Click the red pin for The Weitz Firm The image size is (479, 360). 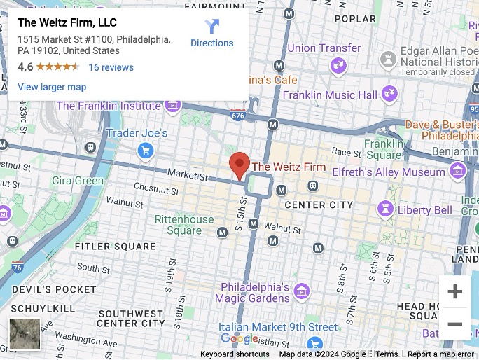(239, 165)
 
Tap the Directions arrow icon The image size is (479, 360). (212, 27)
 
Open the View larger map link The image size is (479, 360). (52, 87)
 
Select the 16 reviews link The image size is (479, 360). (111, 67)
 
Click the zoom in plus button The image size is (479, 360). (454, 291)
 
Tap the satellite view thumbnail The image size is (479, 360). (25, 334)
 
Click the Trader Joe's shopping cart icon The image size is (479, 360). (146, 150)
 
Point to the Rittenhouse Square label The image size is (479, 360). (184, 225)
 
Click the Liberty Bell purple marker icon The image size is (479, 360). (384, 209)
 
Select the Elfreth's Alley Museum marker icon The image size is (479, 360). (457, 172)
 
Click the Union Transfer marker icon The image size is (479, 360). (339, 65)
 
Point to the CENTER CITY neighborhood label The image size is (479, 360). (317, 205)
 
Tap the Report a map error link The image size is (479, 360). (440, 354)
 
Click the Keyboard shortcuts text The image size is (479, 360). (235, 354)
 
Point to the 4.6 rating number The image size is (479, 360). (25, 67)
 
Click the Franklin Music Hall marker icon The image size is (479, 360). (389, 95)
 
